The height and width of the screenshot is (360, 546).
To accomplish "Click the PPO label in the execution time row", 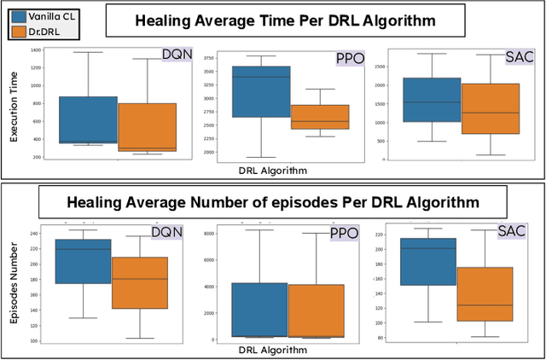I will [x=346, y=60].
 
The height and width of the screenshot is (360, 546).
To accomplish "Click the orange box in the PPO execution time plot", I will [x=320, y=117].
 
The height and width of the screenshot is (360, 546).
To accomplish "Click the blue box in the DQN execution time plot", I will [x=88, y=119].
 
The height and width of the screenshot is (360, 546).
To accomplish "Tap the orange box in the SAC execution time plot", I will [x=490, y=108].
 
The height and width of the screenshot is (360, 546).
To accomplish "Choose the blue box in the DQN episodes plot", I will [x=83, y=261].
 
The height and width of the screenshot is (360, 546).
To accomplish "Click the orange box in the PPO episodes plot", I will [x=317, y=311].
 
